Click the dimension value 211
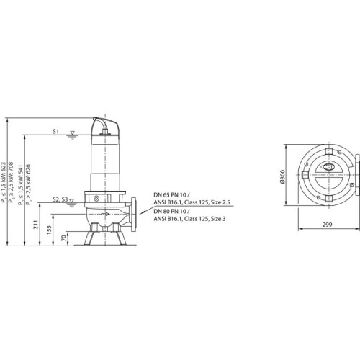click(36, 225)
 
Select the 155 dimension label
click(49, 230)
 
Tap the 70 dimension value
click(63, 238)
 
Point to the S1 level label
click(55, 131)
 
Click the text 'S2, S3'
click(60, 199)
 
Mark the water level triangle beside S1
click(72, 133)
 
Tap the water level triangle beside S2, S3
click(71, 201)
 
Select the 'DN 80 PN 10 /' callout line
click(171, 212)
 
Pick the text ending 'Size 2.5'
click(192, 202)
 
